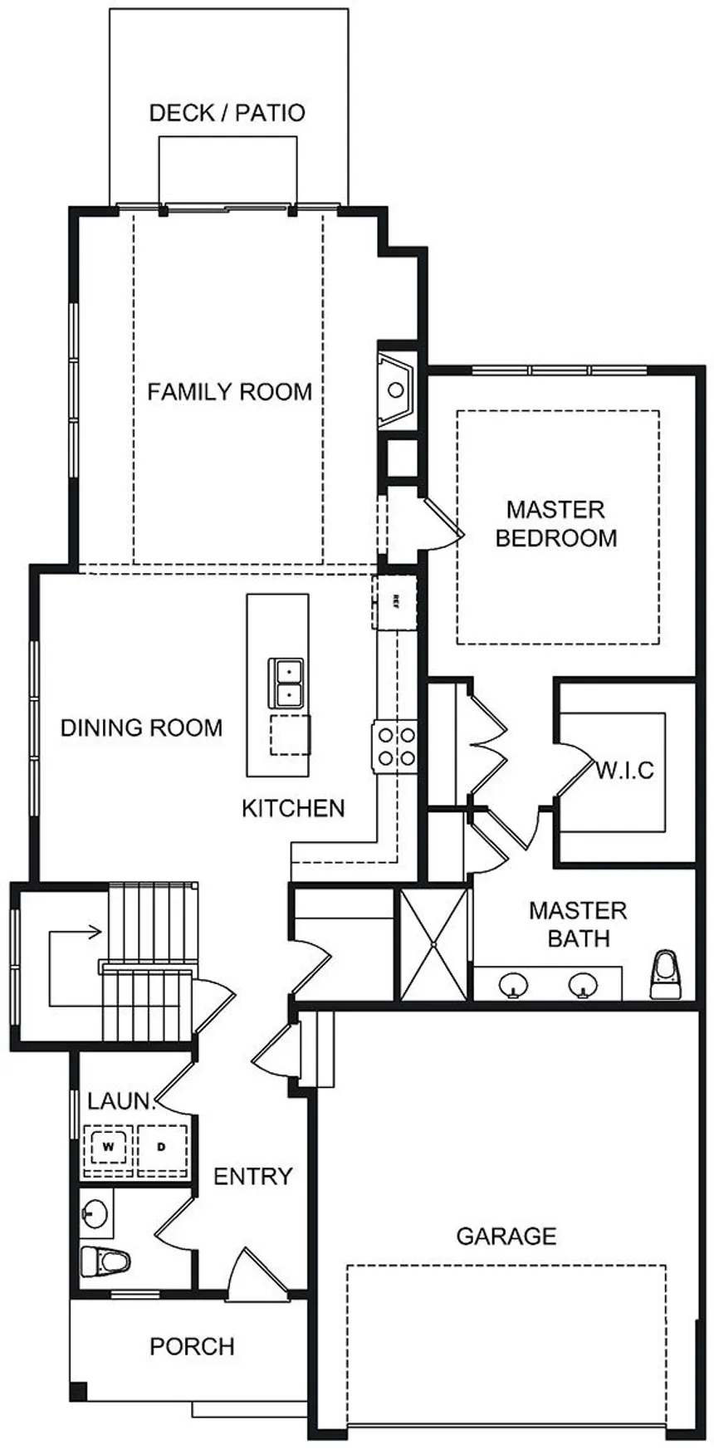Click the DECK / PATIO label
(x=227, y=113)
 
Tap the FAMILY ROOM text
(x=230, y=391)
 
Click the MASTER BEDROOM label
(x=555, y=523)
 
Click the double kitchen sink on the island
(x=286, y=682)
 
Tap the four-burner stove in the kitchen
(x=394, y=745)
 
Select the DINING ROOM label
(x=142, y=727)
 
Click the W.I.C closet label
(x=624, y=770)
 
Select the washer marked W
(x=108, y=1147)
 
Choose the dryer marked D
(x=162, y=1147)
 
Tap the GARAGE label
(x=506, y=1236)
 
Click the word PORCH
(x=192, y=1346)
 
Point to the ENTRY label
(x=253, y=1176)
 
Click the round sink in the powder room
(x=95, y=1213)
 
